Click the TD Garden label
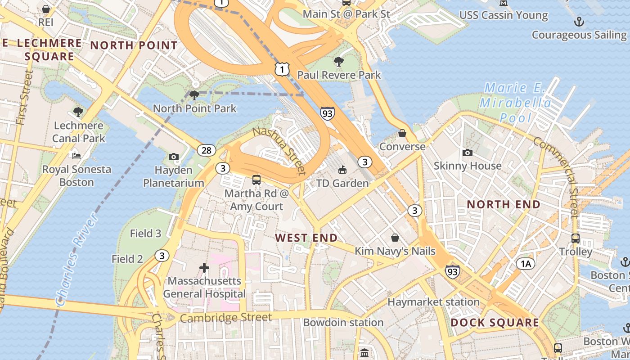tap(342, 183)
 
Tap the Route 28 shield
tap(207, 150)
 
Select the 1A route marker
tap(526, 264)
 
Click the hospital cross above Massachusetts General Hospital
tap(204, 268)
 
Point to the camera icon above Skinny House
tap(468, 153)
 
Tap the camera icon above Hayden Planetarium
tap(174, 157)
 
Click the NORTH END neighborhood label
tap(503, 204)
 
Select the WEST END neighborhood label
tap(306, 238)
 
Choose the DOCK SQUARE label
tap(495, 322)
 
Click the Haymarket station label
tap(433, 302)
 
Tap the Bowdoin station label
tap(343, 322)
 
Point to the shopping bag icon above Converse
tap(402, 134)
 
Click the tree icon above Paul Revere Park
tap(339, 62)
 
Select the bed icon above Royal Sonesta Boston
tap(76, 156)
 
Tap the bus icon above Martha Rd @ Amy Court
tap(256, 180)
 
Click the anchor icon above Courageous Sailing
tap(579, 22)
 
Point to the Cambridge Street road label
tap(225, 318)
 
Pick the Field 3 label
tap(145, 233)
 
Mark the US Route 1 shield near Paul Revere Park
tap(282, 69)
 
